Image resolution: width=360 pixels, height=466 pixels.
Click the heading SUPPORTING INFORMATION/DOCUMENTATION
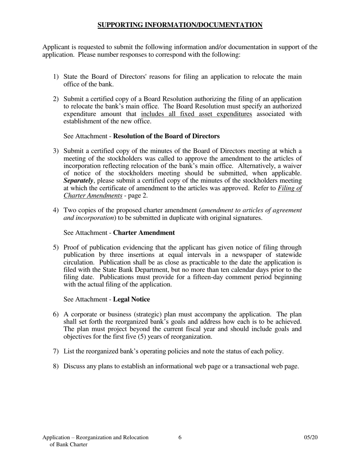click(180, 25)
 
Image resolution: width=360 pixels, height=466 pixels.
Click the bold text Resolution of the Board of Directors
click(166, 136)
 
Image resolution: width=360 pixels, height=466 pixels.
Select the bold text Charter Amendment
click(144, 233)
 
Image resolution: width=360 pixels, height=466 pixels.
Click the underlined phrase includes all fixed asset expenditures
click(196, 114)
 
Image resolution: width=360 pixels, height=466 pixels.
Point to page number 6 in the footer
click(180, 438)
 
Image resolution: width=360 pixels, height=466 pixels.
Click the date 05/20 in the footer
click(311, 438)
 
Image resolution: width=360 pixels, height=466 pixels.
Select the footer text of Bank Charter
click(69, 445)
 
